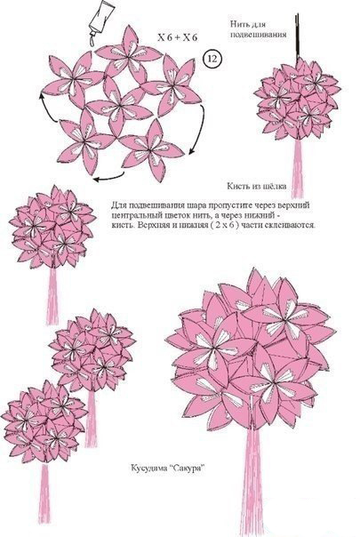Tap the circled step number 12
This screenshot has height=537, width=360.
[x=212, y=59]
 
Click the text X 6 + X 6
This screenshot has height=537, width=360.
[x=178, y=37]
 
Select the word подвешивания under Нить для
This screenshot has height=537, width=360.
[x=259, y=35]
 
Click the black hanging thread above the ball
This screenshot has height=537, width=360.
[x=297, y=37]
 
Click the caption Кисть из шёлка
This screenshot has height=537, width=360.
[x=257, y=186]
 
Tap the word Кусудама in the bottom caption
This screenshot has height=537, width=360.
[x=148, y=468]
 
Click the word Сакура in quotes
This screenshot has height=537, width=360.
[x=187, y=468]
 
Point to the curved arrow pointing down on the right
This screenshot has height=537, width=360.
[x=200, y=130]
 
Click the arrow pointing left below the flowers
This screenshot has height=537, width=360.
[x=109, y=177]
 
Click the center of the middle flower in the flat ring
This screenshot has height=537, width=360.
[x=120, y=105]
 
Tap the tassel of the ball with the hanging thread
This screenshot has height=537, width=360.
[x=297, y=169]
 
